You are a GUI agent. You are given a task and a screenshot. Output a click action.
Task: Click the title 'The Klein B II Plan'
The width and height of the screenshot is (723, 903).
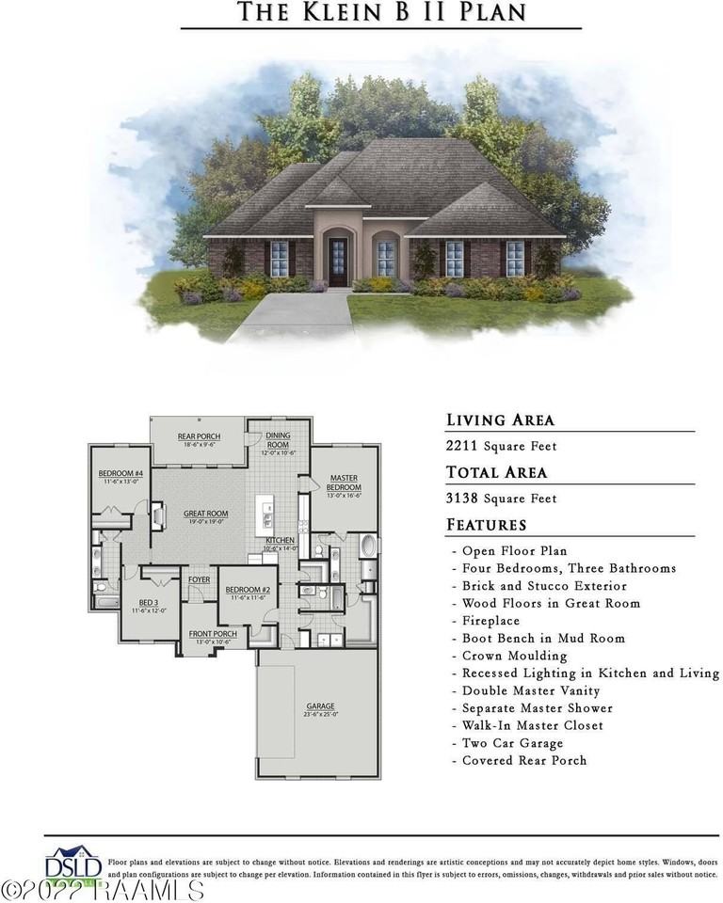[380, 12]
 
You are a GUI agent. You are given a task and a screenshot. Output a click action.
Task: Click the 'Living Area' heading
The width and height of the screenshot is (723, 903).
[500, 420]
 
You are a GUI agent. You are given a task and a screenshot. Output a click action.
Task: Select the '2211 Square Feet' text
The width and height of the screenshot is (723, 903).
[501, 446]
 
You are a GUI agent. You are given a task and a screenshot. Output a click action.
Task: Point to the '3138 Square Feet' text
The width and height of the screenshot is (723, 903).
[501, 499]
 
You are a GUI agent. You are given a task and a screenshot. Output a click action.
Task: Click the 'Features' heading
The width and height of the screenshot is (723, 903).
[486, 525]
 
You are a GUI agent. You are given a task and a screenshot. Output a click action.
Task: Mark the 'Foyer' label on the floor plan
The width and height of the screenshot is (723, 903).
[199, 580]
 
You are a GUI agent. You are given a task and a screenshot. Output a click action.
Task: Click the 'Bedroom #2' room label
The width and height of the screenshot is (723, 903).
[248, 593]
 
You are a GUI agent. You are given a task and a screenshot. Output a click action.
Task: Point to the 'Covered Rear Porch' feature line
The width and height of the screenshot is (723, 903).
[523, 760]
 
